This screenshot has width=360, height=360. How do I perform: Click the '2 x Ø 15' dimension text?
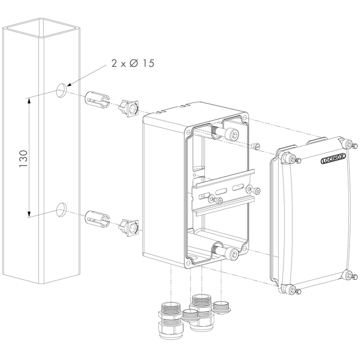click(132, 64)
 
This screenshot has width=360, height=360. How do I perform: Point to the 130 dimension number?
click(23, 158)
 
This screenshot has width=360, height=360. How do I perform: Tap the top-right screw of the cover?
click(348, 144)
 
